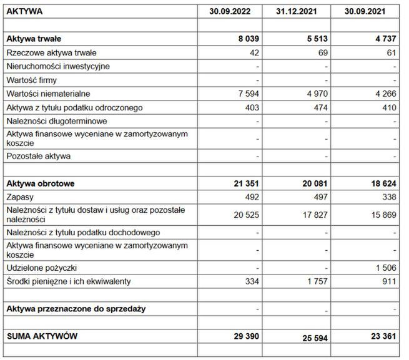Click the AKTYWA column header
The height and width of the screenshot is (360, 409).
(26, 11)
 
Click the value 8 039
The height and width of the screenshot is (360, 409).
(247, 39)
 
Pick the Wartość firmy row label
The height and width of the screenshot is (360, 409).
(31, 80)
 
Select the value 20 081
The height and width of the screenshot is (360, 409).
(312, 183)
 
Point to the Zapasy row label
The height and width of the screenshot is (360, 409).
(20, 197)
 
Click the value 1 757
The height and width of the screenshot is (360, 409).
(315, 281)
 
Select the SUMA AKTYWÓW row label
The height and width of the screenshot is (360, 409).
(42, 336)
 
